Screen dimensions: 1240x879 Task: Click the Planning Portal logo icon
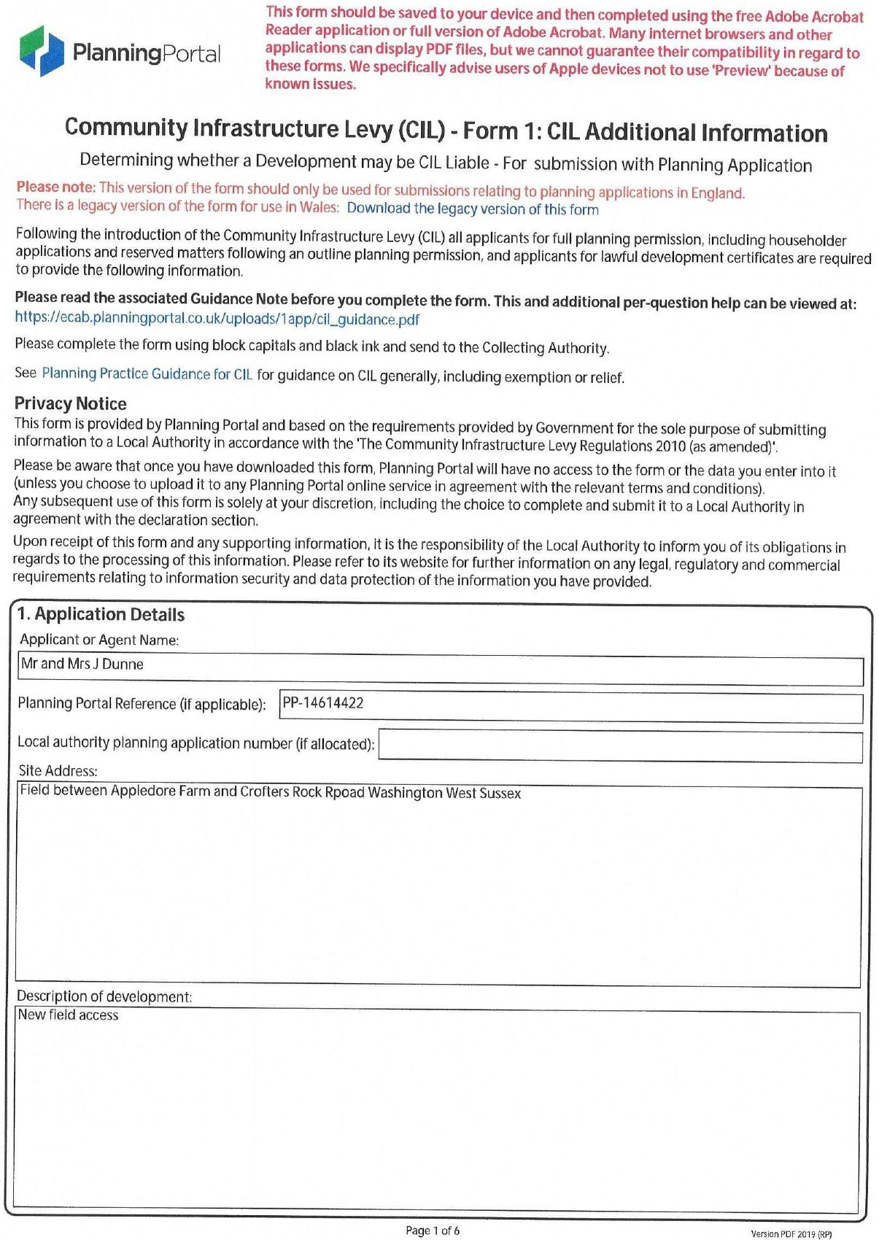click(x=42, y=51)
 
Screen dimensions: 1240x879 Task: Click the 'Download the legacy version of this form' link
click(x=472, y=209)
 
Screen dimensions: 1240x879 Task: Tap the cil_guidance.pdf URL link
click(x=217, y=319)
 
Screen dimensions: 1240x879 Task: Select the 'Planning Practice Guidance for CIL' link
click(x=147, y=374)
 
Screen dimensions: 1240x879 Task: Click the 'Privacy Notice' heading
click(x=70, y=403)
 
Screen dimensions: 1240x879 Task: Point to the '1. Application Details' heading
click(x=101, y=614)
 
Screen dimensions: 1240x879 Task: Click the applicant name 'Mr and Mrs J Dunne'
click(x=82, y=664)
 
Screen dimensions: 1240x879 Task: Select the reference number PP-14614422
click(x=323, y=703)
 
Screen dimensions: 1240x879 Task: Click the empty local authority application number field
click(x=620, y=745)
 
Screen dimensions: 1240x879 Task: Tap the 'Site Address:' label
click(x=58, y=771)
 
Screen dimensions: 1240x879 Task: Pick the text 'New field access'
click(x=68, y=1015)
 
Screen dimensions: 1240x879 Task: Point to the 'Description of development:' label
click(x=104, y=996)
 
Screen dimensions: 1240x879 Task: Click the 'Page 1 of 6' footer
click(x=432, y=1231)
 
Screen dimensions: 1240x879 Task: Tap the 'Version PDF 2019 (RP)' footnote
click(x=791, y=1234)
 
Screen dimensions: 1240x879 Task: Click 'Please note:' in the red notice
click(x=55, y=187)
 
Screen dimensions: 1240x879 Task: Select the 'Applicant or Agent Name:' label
click(x=99, y=640)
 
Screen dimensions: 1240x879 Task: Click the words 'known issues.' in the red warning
click(x=310, y=84)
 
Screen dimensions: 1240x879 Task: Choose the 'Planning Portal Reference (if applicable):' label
click(x=142, y=704)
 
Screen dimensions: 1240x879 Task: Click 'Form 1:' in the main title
click(x=503, y=131)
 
